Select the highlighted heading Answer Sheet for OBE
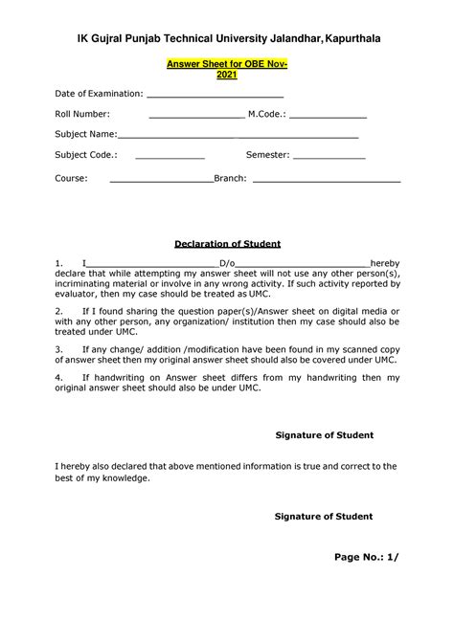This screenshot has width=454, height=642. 227,63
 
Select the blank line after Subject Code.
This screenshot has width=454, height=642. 170,155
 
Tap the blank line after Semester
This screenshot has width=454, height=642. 329,155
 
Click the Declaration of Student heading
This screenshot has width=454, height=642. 227,244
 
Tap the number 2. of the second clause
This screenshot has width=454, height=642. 59,311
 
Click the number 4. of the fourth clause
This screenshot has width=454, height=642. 59,378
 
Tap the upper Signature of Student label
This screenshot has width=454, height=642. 324,435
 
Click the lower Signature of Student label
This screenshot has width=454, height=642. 324,516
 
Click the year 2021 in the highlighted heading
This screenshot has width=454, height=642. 227,74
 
